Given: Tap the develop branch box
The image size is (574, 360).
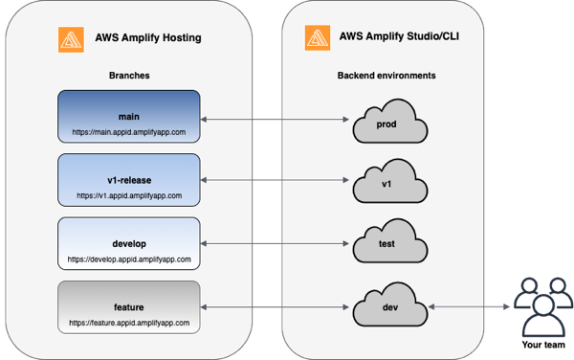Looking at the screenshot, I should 128,245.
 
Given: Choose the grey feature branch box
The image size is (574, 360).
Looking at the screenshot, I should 128,307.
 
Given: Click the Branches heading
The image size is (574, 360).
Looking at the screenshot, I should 128,75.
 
